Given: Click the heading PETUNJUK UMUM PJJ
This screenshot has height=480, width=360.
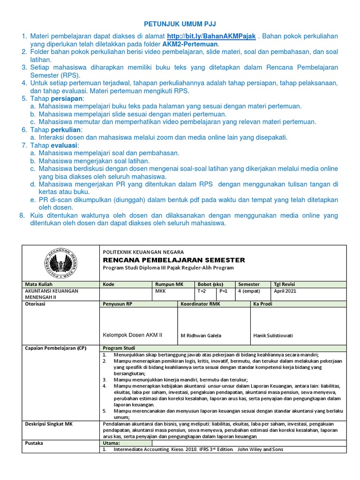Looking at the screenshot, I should click(x=180, y=23).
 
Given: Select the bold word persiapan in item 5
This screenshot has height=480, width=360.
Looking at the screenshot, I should click(x=67, y=98).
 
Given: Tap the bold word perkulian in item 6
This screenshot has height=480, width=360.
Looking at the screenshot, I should click(x=66, y=129).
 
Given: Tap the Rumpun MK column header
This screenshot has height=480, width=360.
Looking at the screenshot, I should click(x=169, y=284).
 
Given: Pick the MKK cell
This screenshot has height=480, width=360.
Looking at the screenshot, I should click(x=161, y=291).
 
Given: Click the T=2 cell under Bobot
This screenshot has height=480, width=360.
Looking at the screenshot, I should click(x=201, y=291).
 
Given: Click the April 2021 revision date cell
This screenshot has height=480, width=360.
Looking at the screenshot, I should click(x=285, y=291).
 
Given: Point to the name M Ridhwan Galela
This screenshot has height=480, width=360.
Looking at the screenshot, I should click(x=201, y=335).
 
